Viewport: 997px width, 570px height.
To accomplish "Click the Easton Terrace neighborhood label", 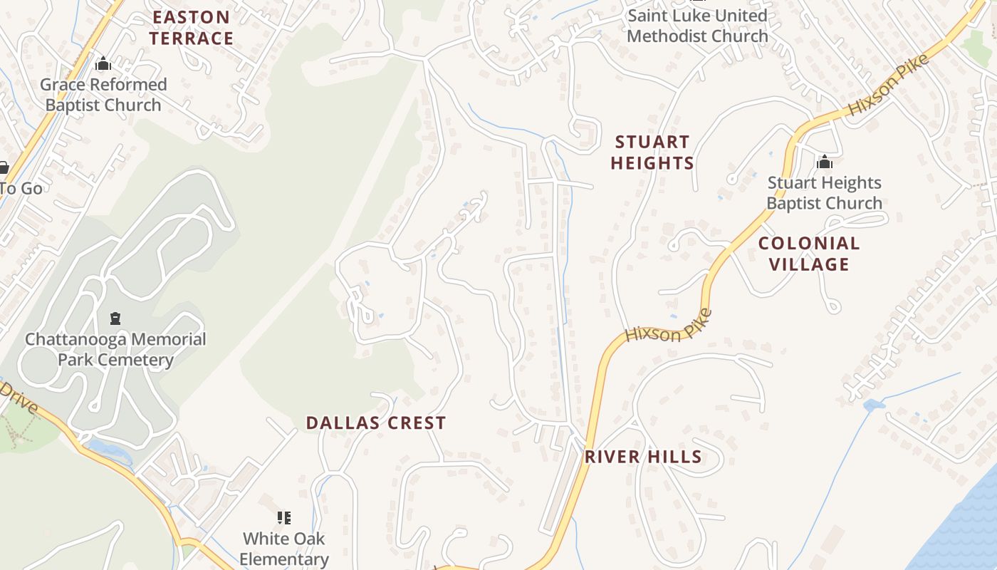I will (x=191, y=28).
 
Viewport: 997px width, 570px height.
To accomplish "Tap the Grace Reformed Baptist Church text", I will (x=103, y=95).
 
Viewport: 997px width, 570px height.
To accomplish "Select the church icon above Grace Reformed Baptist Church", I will (x=103, y=64).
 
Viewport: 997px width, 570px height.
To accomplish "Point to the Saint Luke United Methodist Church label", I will (x=697, y=26).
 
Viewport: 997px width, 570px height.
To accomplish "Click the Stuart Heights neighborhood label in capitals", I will (x=652, y=152).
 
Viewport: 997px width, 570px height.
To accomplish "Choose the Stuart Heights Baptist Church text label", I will (x=824, y=193).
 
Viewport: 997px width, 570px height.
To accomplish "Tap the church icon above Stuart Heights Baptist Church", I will (x=825, y=162).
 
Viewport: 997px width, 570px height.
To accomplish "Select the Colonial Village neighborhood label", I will (x=809, y=254).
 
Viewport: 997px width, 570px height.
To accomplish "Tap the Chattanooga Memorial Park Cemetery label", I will (x=115, y=349).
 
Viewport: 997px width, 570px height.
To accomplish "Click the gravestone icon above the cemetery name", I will (x=115, y=318).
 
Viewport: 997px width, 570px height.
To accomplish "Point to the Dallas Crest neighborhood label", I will (x=376, y=423).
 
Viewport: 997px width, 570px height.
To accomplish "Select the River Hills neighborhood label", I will (x=643, y=457).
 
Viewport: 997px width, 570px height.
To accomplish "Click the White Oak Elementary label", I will (x=283, y=549).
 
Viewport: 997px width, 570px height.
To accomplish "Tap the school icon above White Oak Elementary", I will (x=284, y=518).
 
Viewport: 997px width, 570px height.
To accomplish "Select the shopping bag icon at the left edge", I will (x=4, y=168).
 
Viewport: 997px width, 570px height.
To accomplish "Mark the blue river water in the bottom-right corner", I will (x=961, y=527).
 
